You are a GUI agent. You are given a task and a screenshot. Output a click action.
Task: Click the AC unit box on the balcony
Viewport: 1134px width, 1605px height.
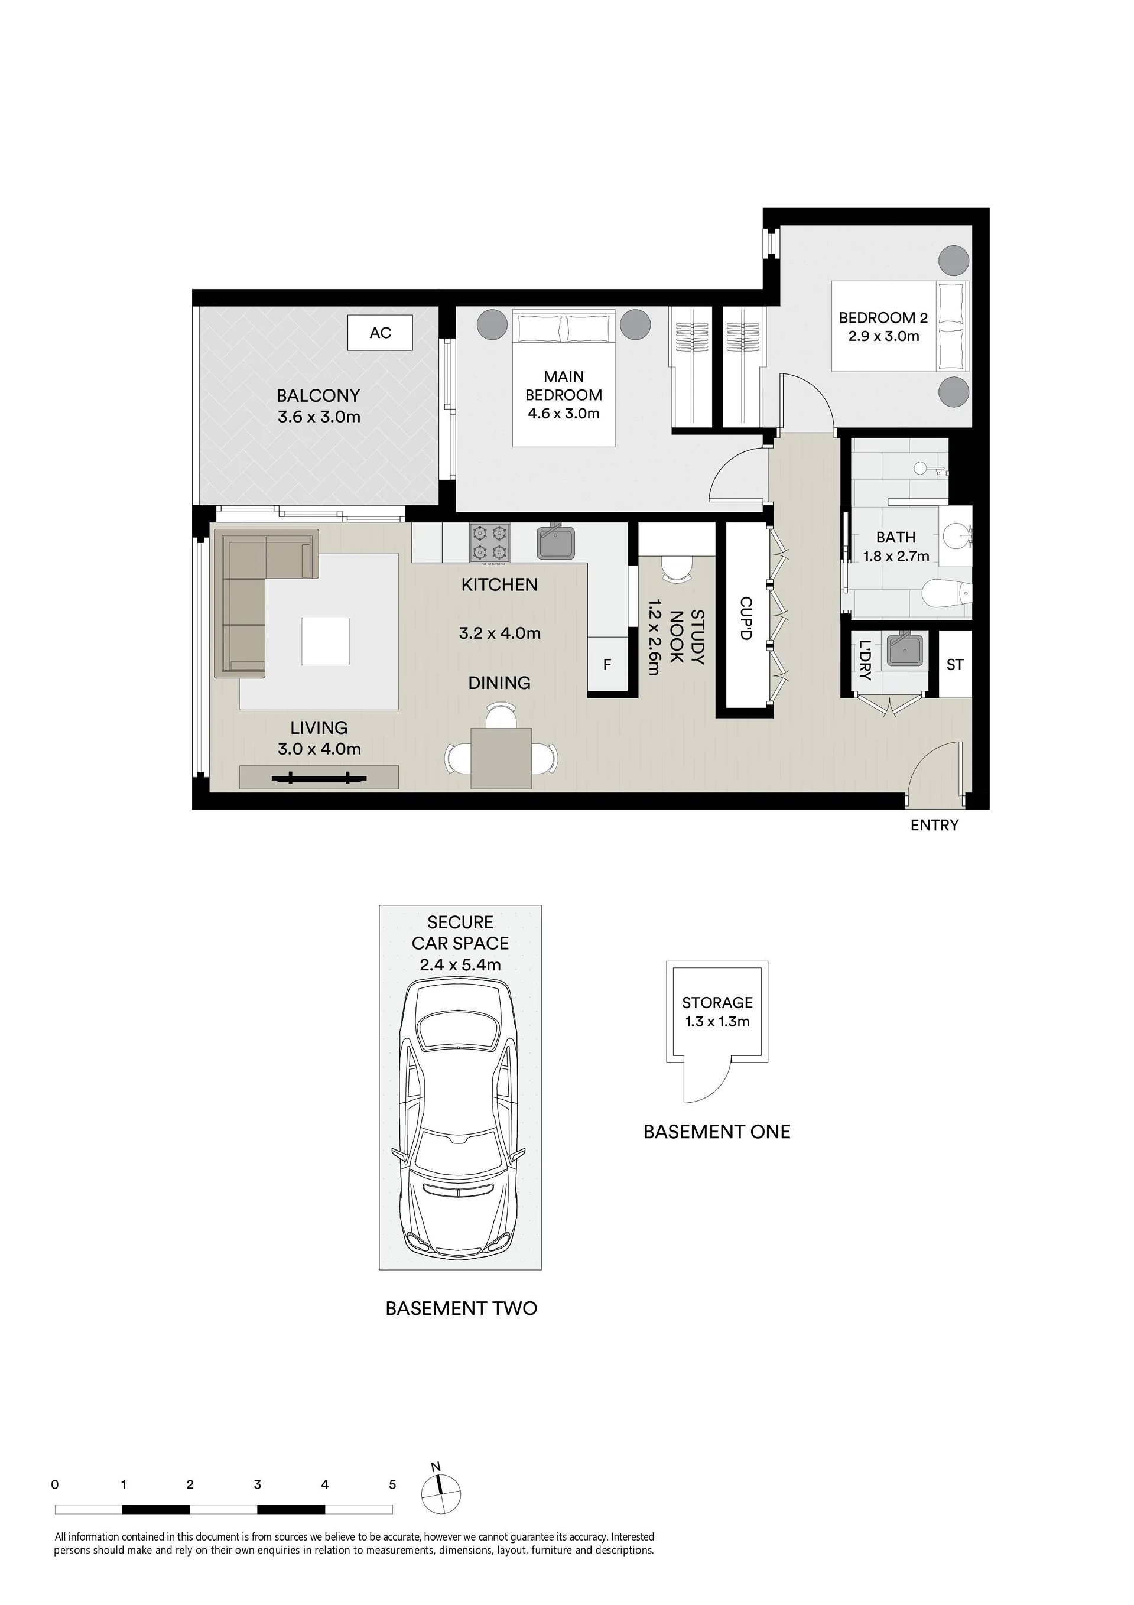381,332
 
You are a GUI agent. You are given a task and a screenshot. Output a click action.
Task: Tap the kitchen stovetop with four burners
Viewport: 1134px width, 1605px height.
489,543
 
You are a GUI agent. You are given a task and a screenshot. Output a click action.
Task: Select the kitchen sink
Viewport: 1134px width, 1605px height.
556,542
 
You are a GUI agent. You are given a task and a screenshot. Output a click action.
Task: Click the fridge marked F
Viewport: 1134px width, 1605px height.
607,664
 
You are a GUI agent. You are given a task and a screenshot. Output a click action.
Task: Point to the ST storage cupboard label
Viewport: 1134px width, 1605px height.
954,664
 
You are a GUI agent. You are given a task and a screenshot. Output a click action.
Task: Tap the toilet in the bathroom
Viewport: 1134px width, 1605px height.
947,594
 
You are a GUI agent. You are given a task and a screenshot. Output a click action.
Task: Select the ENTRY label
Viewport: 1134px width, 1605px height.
934,825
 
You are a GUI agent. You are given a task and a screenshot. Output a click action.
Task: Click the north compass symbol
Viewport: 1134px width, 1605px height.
440,1493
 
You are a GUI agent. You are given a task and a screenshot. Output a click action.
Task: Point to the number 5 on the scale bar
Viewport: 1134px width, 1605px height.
392,1484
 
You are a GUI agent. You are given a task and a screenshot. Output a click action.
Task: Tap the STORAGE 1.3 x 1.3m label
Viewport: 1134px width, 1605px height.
717,1012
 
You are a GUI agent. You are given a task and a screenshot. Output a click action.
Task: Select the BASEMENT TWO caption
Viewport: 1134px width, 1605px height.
462,1308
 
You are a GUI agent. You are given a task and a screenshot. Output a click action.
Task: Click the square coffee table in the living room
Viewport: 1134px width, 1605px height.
325,641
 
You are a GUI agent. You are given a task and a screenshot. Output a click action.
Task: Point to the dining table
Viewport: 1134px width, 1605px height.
501,758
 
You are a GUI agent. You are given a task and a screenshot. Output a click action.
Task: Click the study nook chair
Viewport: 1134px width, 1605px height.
676,568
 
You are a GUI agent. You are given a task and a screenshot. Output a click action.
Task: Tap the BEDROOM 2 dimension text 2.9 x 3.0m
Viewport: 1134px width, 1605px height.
883,336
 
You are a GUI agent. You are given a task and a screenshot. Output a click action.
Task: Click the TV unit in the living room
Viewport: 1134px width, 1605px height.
319,777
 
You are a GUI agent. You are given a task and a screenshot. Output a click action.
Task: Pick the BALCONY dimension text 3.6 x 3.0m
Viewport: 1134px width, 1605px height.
319,417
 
